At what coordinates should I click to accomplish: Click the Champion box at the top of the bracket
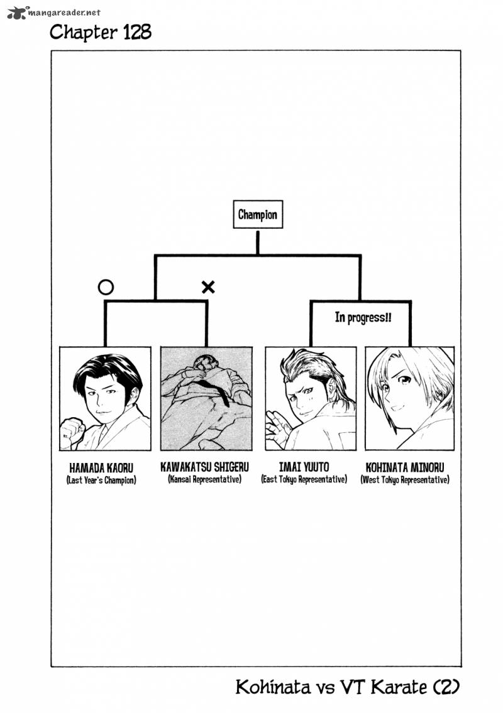pos(258,214)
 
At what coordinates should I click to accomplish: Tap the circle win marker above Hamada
pos(106,287)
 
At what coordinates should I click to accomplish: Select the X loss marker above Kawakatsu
pos(208,287)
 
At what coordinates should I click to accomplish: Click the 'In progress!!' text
pos(363,317)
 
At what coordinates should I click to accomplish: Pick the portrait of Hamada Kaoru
pos(105,399)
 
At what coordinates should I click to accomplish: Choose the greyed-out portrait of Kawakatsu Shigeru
pos(206,399)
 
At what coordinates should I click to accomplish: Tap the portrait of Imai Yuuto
pos(311,399)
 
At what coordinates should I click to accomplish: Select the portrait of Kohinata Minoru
pos(410,399)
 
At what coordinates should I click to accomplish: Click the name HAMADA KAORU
pos(101,468)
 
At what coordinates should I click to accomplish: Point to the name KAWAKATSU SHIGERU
pos(204,467)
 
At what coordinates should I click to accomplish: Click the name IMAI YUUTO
pos(304,467)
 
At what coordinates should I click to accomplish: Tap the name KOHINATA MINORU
pos(405,467)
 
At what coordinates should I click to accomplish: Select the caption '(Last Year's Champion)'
pos(101,480)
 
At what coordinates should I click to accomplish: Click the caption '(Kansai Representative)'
pos(204,479)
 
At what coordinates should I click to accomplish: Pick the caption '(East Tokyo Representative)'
pos(304,479)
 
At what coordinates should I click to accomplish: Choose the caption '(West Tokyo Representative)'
pos(405,480)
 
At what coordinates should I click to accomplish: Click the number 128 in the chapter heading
pos(136,32)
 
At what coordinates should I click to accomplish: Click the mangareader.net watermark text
pos(64,13)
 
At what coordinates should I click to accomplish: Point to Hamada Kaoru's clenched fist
pos(72,432)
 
